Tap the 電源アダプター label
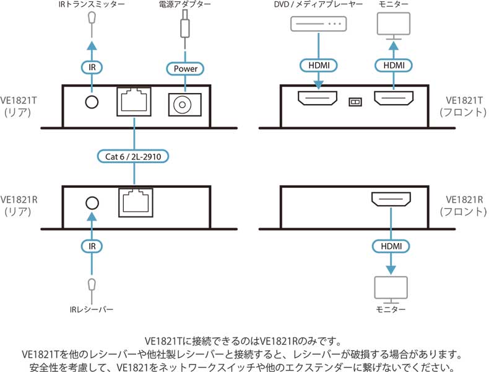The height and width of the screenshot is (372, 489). [184, 6]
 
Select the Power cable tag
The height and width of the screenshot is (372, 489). [185, 68]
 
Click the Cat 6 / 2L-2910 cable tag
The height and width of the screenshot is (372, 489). [133, 156]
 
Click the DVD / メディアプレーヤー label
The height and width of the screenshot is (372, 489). [319, 6]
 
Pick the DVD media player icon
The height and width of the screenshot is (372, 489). [319, 24]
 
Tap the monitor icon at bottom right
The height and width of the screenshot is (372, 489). [391, 288]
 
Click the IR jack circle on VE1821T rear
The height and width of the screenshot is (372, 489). [92, 101]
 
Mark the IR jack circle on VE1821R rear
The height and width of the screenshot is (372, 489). [92, 203]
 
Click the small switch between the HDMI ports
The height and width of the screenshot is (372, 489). [355, 100]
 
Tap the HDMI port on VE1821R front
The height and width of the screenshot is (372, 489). [391, 200]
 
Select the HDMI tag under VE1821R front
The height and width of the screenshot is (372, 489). [391, 246]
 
